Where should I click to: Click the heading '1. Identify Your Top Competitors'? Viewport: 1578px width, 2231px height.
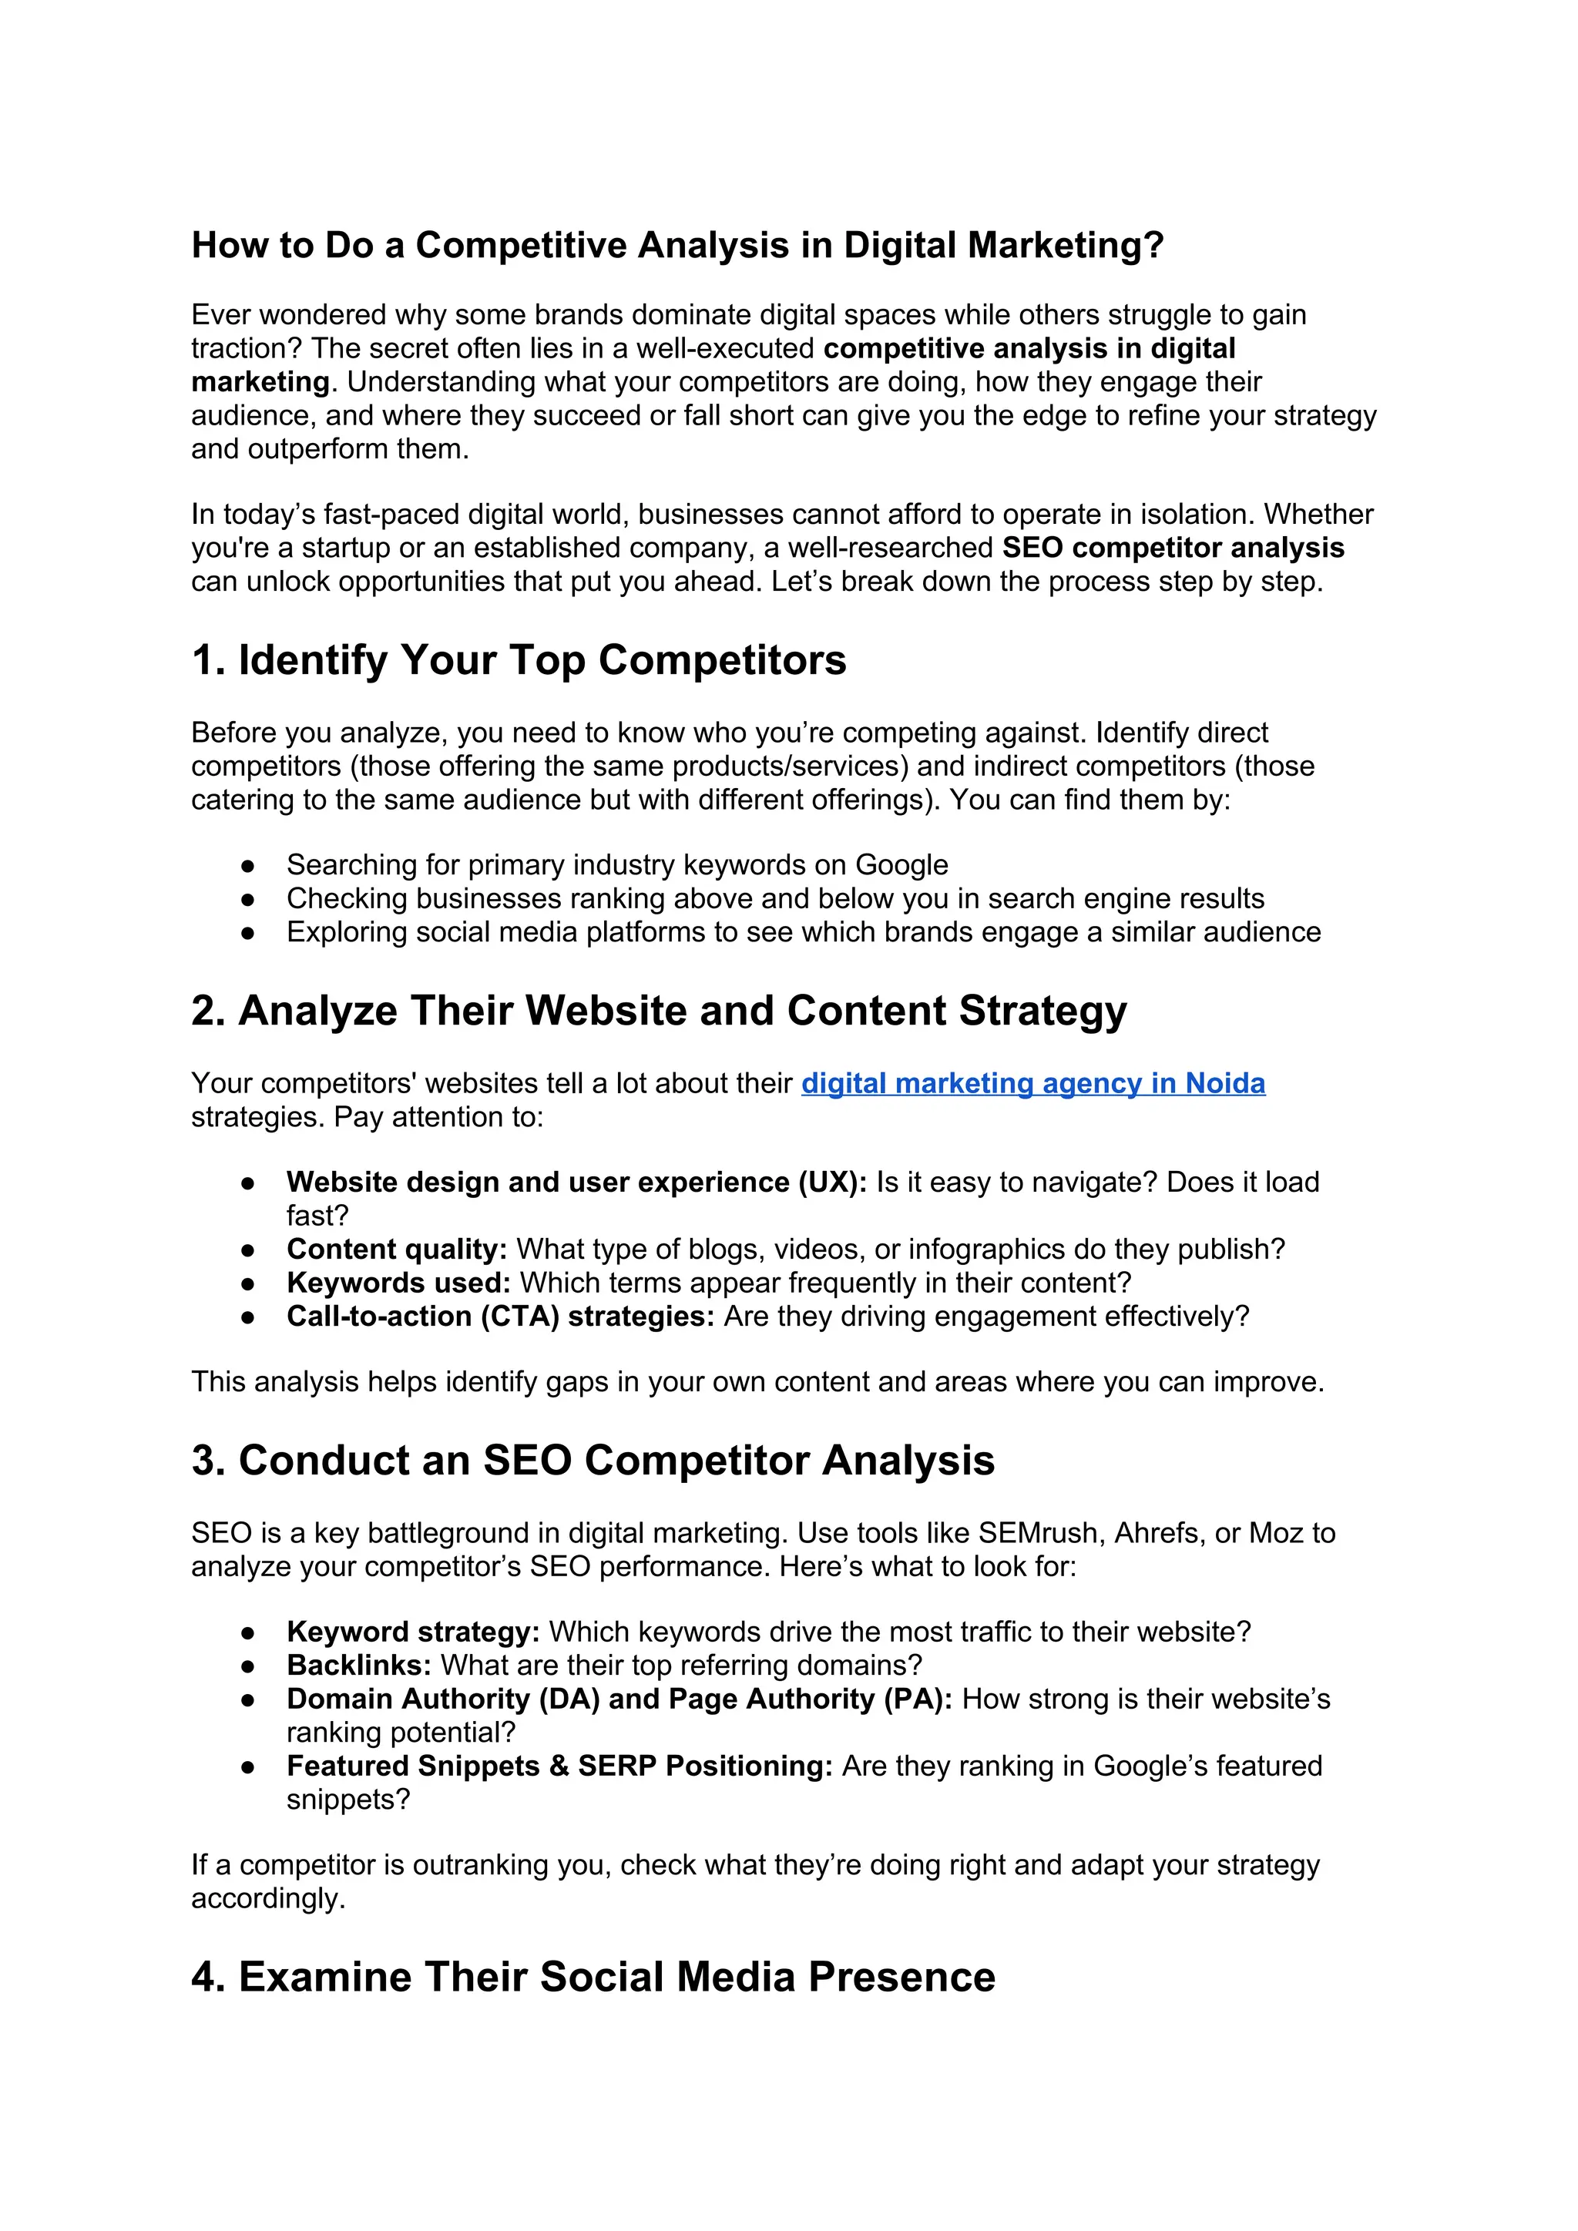(519, 661)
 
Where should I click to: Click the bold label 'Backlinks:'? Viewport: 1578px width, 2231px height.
(358, 1666)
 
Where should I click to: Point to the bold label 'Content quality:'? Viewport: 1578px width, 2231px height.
(397, 1250)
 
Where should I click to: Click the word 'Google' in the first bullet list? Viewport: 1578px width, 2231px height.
(901, 865)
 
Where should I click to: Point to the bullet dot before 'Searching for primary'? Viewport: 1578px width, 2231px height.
(248, 866)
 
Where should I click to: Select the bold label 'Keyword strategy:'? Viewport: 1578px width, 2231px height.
(413, 1632)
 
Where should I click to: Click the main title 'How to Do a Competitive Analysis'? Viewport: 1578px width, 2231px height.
(677, 245)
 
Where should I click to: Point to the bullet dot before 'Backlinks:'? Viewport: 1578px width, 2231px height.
(248, 1666)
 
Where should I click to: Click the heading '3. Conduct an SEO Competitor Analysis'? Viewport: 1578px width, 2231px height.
(593, 1461)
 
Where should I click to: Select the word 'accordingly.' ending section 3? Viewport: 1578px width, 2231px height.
(268, 1899)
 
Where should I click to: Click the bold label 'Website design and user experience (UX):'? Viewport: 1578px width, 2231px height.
(576, 1183)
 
